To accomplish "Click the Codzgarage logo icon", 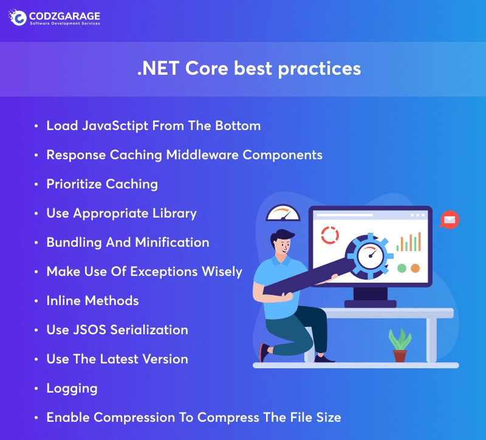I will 18,17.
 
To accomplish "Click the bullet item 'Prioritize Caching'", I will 102,184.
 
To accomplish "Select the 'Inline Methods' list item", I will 92,301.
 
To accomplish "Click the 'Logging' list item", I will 72,388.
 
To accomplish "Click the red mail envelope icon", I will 450,219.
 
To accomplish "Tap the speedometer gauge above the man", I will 283,214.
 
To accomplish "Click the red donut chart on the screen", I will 330,236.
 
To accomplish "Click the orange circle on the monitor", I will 415,268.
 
